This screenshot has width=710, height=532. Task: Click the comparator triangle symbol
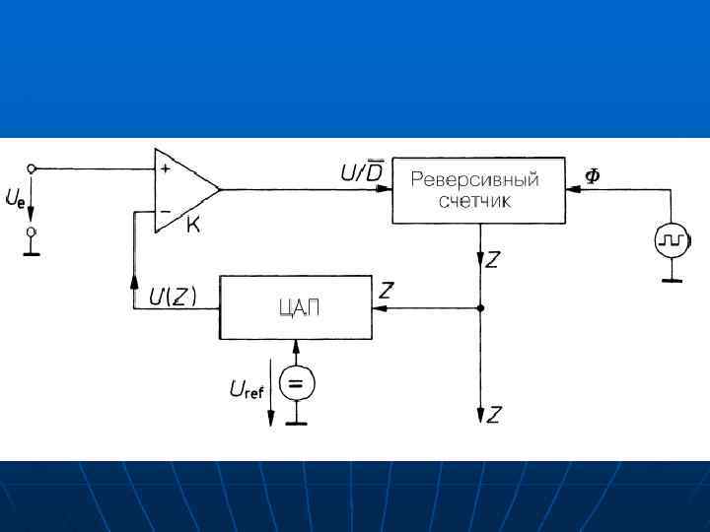click(x=183, y=190)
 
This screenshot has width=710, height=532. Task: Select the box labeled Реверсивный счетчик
click(x=478, y=190)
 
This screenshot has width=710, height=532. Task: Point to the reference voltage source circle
click(x=295, y=383)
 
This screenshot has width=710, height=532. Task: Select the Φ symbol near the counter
click(x=592, y=175)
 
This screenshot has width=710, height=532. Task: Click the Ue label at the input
click(x=15, y=201)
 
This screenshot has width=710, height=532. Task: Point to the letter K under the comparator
click(x=193, y=227)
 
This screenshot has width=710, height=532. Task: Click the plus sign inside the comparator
click(x=164, y=168)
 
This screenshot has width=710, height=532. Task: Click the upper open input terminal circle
click(x=32, y=168)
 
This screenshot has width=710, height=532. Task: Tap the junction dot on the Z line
click(x=479, y=307)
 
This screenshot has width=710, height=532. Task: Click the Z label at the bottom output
click(x=493, y=416)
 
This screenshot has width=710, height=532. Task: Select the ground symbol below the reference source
click(x=295, y=423)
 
